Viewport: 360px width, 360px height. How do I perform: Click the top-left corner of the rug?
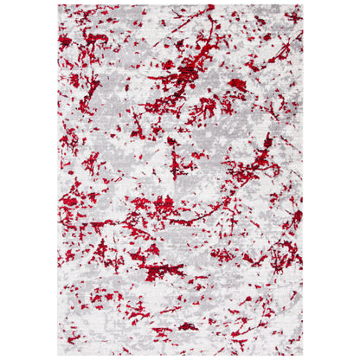(x=59, y=5)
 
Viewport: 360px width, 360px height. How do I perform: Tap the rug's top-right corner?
(x=303, y=5)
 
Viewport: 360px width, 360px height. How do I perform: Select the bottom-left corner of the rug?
(x=59, y=355)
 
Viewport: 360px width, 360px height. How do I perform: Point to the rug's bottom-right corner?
(x=303, y=355)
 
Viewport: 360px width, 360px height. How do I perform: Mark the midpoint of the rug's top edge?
(x=181, y=5)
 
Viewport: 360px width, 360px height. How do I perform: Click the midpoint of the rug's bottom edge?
(x=181, y=355)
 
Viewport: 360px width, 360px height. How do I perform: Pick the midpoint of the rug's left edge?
(x=59, y=180)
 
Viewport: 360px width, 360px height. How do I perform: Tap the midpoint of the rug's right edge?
(x=303, y=180)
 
